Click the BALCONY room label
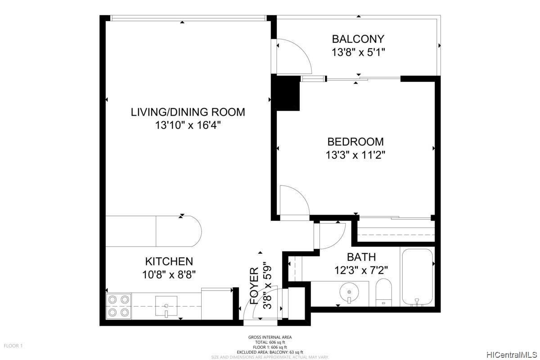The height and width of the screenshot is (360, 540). [358, 39]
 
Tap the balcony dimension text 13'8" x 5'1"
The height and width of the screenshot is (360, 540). [358, 52]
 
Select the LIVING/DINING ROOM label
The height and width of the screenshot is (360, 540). [188, 112]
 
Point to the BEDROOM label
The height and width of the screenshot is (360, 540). [355, 142]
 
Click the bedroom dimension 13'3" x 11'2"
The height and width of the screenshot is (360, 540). [355, 155]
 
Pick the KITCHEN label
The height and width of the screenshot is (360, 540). [169, 261]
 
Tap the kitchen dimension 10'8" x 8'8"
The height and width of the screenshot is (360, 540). [169, 274]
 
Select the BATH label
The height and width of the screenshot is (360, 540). [361, 257]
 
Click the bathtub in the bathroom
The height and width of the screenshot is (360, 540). [417, 277]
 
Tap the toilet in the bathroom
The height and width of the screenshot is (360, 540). [384, 292]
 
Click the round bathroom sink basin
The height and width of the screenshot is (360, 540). [349, 292]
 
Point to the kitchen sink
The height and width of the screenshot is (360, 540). [166, 306]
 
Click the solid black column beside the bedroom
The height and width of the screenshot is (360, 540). [286, 92]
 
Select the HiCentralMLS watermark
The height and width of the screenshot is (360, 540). [512, 355]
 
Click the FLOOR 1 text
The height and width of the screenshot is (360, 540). [13, 346]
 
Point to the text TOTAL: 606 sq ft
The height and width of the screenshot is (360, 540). [270, 342]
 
